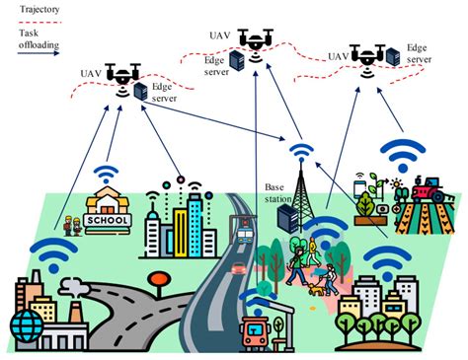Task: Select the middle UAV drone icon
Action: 256,38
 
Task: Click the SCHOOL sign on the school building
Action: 109,219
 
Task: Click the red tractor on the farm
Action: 426,187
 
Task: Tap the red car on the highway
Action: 238,267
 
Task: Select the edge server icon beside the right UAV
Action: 392,57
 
